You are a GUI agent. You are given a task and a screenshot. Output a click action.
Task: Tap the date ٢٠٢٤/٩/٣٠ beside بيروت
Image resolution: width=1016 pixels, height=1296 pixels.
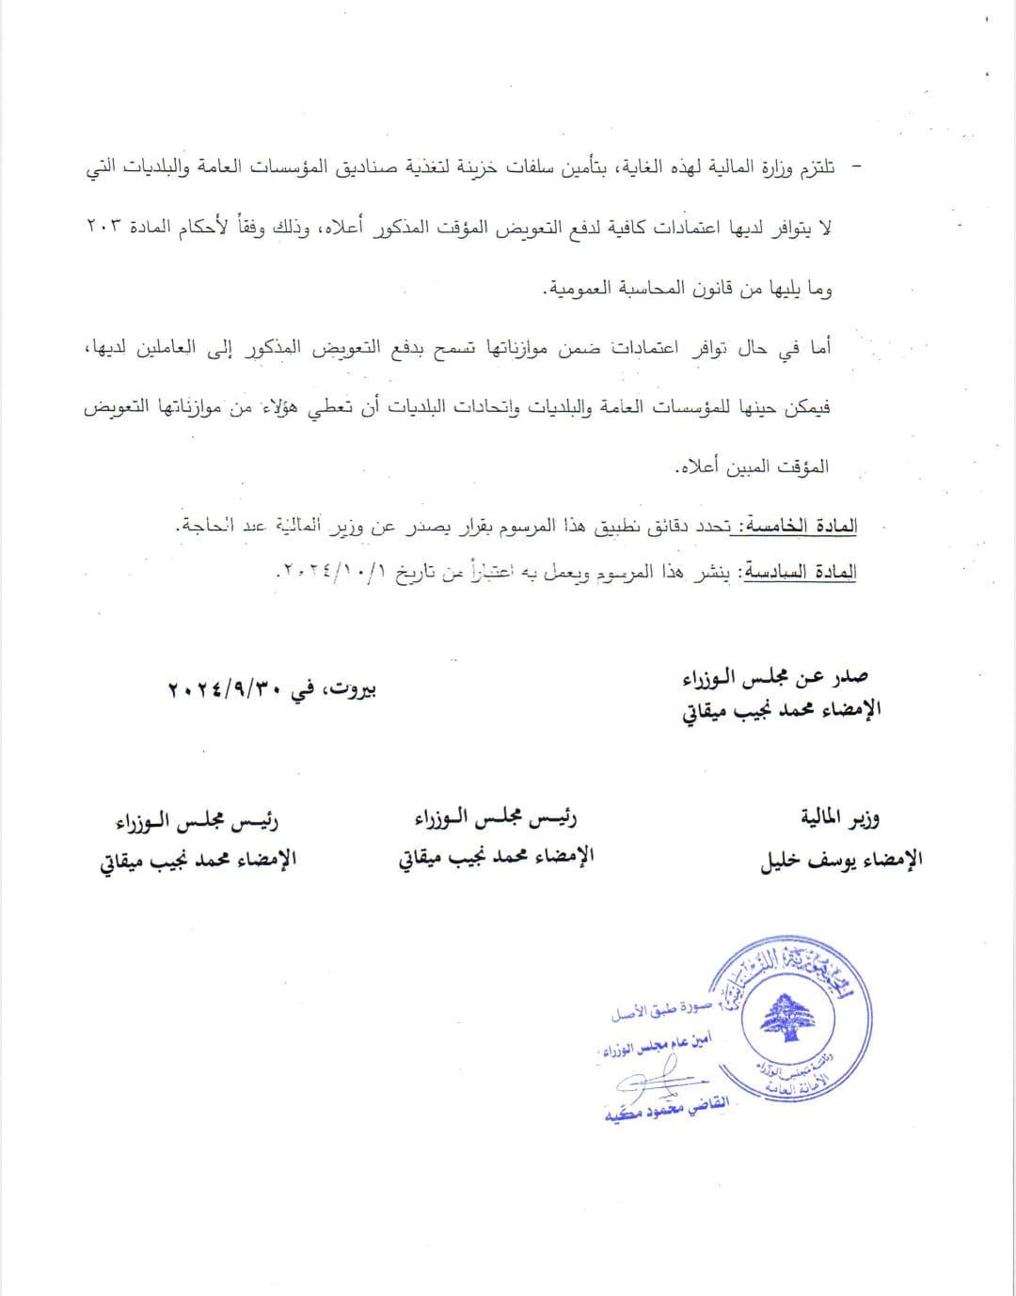pos(225,689)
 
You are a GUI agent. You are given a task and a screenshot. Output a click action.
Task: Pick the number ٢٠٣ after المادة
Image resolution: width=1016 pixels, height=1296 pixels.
pos(102,228)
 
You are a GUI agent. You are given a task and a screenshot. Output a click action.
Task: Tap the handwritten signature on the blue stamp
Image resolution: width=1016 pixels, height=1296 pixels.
pos(654,1080)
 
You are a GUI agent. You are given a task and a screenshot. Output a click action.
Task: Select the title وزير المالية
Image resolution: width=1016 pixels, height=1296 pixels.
pos(840,818)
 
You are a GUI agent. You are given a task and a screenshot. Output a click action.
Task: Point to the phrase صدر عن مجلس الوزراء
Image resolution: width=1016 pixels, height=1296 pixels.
pos(775,677)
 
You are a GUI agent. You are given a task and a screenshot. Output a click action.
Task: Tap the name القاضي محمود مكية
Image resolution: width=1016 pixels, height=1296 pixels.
pos(666,1110)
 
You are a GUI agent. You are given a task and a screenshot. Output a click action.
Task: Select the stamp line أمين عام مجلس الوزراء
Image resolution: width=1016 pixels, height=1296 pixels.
pos(657,1045)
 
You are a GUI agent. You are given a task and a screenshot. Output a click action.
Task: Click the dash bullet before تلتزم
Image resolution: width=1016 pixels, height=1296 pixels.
pos(855,167)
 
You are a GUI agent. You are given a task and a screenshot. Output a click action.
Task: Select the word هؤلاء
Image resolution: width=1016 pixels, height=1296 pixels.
pos(277,407)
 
